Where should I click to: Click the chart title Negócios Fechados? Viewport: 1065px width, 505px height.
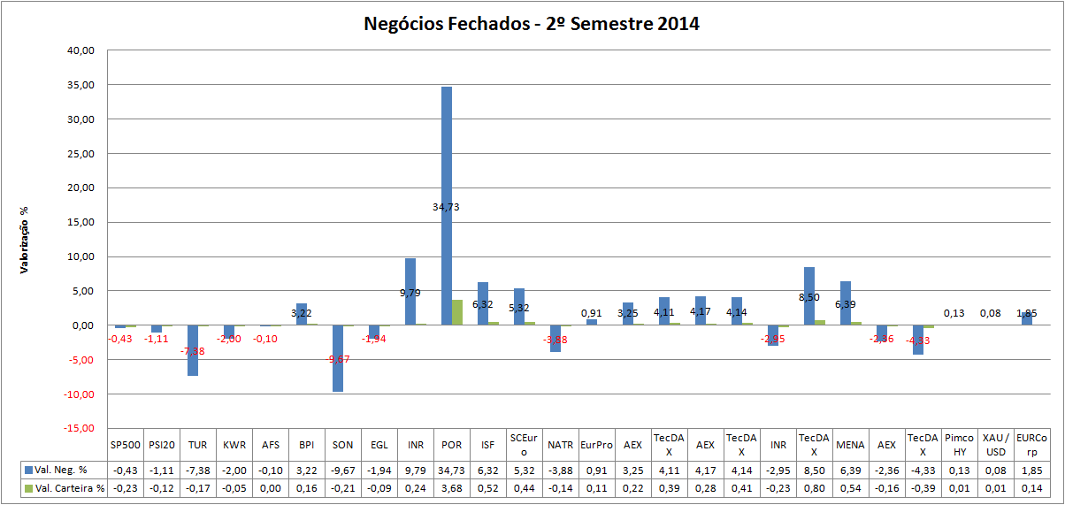532,24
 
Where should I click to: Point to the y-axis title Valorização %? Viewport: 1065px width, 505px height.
24,239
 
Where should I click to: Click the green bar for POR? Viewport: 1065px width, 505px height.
457,312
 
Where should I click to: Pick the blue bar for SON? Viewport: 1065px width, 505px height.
337,358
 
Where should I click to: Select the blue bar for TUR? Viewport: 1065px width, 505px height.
192,350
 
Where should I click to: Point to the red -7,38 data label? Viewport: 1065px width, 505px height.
193,352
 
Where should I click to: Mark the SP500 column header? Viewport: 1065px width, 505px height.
125,444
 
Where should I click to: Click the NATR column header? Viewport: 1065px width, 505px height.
560,444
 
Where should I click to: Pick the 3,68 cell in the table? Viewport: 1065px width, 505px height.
451,487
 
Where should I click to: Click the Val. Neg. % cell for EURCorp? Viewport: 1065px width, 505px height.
1031,470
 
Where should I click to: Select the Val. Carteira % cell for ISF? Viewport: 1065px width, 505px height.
487,487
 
